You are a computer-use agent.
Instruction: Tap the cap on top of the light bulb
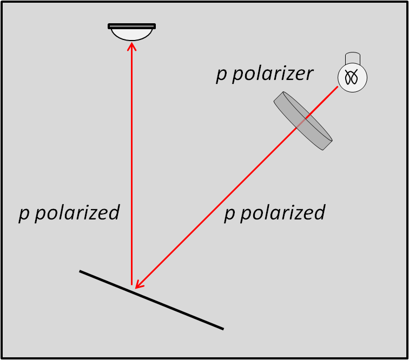click(353, 58)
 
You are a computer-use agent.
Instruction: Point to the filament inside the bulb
click(352, 77)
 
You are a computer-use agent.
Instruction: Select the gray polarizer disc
click(303, 121)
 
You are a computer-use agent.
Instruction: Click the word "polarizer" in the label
click(273, 74)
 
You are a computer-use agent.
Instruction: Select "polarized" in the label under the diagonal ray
click(282, 212)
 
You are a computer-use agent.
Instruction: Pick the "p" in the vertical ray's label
click(24, 214)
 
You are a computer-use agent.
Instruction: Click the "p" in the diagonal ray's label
click(229, 214)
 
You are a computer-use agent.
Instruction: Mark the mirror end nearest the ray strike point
click(81, 271)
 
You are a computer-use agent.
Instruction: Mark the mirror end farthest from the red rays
click(222, 328)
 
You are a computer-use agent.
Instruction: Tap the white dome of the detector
click(131, 34)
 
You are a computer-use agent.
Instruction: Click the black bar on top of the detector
click(131, 26)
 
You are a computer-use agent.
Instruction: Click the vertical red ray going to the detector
click(131, 162)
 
